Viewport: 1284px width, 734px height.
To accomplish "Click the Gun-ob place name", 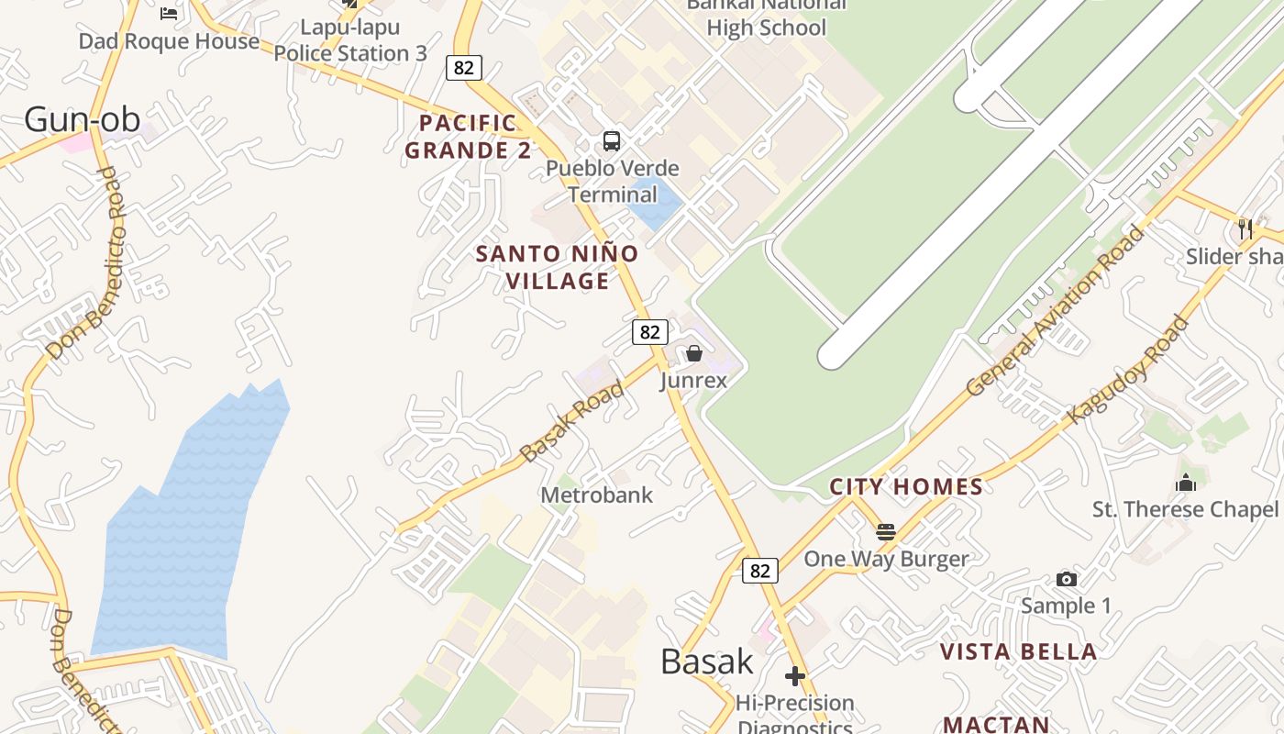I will click(82, 119).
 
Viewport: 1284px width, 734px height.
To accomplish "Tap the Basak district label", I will click(706, 662).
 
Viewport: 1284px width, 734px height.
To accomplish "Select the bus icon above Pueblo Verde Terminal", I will click(612, 141).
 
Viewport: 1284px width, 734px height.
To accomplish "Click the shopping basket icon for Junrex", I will click(694, 353).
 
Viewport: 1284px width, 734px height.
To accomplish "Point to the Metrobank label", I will click(596, 495).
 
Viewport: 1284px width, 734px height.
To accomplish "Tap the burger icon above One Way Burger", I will click(885, 531).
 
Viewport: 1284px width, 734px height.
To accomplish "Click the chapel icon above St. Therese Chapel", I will click(1185, 483).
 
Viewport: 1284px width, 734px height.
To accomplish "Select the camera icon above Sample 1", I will click(1066, 579).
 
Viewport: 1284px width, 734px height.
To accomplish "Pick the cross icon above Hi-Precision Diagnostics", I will click(795, 676).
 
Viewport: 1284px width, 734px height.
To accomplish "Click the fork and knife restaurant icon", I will click(1245, 228).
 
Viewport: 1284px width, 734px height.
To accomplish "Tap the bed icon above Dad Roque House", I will click(169, 13).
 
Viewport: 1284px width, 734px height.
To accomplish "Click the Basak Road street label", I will click(571, 421).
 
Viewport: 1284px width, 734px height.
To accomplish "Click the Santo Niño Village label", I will click(557, 267).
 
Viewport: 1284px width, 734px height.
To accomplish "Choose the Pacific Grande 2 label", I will click(468, 137).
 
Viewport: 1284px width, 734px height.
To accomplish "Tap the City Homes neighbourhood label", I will click(905, 486).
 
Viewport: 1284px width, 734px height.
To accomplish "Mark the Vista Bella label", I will click(1018, 652).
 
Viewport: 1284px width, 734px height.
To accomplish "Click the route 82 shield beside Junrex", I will click(649, 332).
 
